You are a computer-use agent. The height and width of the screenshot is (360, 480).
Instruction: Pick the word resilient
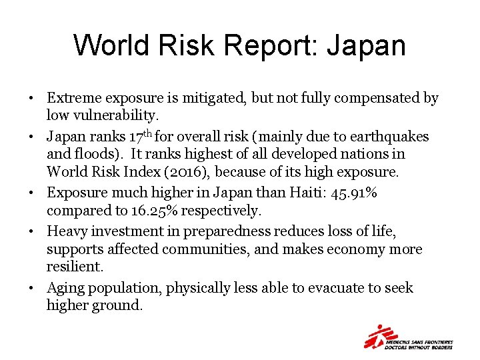(75, 267)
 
